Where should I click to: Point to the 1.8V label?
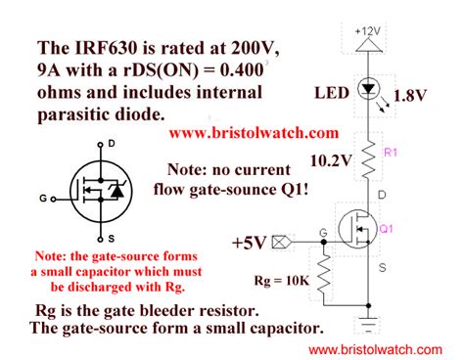point(408,96)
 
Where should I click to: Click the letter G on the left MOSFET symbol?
point(43,198)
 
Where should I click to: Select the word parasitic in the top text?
point(81,114)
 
